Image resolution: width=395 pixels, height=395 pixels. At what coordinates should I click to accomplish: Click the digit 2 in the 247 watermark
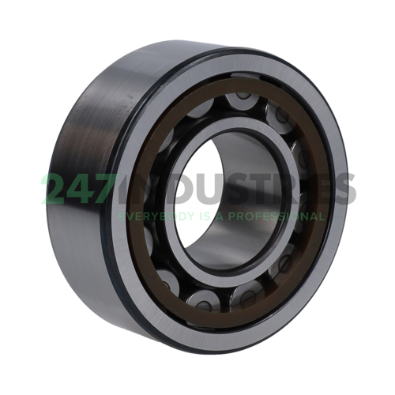[57, 190]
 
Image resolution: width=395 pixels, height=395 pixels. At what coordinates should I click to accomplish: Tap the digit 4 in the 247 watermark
[85, 190]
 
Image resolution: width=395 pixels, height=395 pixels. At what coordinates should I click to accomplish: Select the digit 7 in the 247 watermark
[111, 190]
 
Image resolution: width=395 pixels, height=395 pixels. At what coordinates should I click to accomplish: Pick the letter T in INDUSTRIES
[261, 190]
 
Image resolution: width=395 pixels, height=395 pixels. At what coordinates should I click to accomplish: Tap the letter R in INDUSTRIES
[286, 190]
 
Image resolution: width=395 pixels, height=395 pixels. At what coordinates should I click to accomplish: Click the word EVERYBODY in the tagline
[150, 216]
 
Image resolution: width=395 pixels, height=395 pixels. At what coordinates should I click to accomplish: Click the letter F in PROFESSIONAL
[251, 216]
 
